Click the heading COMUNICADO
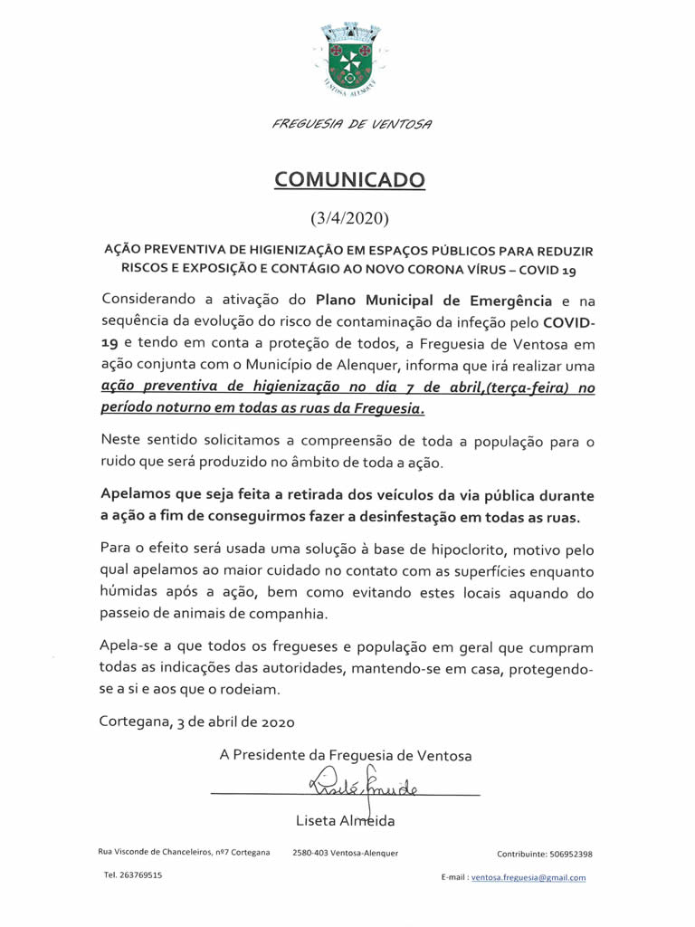pyautogui.click(x=349, y=179)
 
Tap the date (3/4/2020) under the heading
pyautogui.click(x=349, y=218)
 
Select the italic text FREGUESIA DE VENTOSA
pyautogui.click(x=351, y=123)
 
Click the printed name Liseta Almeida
pyautogui.click(x=345, y=821)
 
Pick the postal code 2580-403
pyautogui.click(x=311, y=853)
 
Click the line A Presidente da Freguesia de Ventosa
pyautogui.click(x=345, y=755)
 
